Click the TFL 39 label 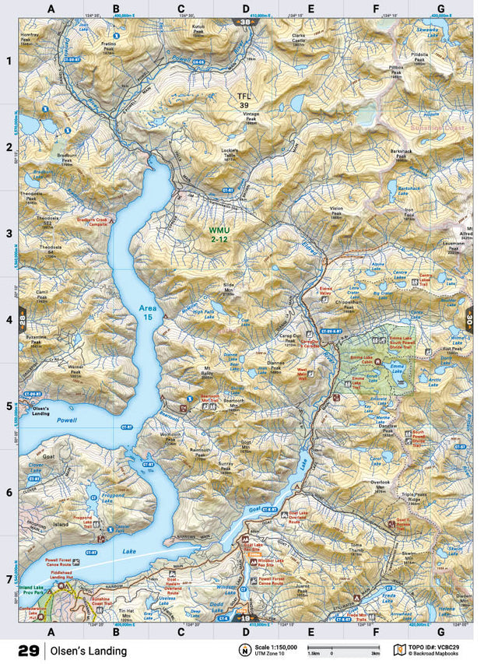244,100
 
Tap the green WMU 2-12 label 219,236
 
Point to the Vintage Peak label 251,118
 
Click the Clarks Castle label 297,40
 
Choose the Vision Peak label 336,211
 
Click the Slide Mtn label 228,288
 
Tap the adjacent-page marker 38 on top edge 246,22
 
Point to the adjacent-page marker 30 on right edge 469,320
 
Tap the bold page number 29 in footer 29,650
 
